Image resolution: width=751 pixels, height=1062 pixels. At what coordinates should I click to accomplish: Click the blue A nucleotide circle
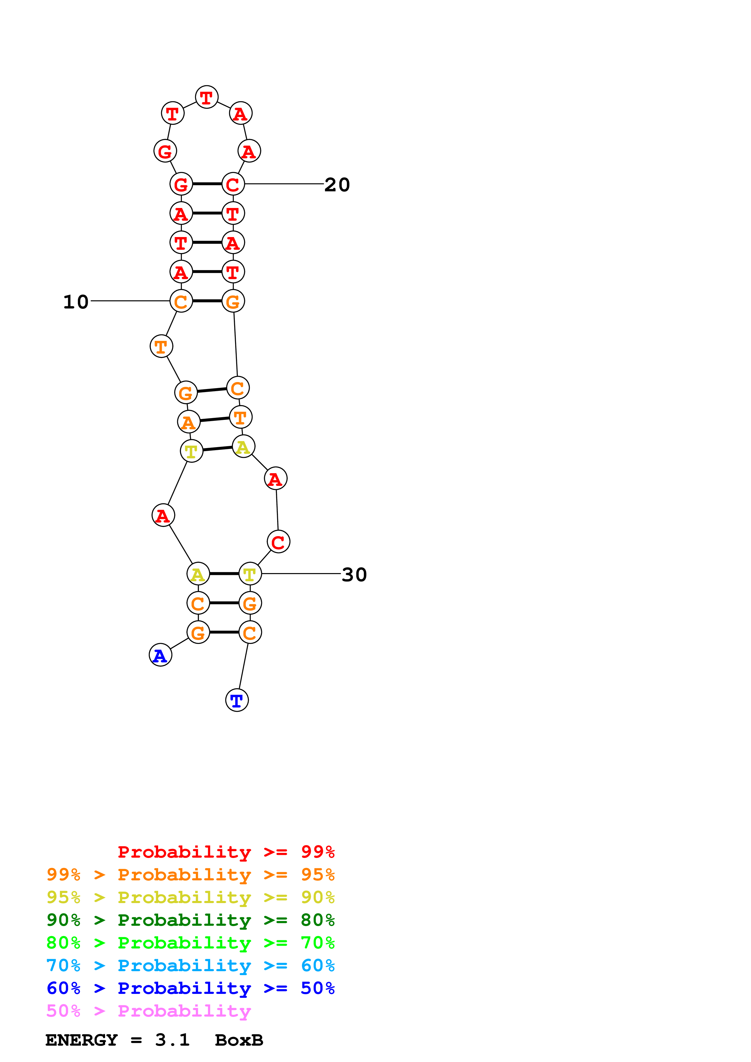click(160, 655)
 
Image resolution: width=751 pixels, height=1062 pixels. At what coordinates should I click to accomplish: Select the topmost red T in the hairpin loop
click(206, 97)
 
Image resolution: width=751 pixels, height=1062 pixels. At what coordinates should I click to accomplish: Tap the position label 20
click(337, 185)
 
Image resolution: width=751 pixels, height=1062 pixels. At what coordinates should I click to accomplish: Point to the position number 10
click(76, 302)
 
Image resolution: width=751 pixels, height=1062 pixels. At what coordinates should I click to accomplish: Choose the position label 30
click(354, 575)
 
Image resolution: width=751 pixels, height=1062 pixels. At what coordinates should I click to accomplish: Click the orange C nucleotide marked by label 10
click(181, 301)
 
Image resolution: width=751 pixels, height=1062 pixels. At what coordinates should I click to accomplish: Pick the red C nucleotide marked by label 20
click(233, 184)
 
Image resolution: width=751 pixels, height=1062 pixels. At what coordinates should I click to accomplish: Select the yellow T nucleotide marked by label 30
click(250, 574)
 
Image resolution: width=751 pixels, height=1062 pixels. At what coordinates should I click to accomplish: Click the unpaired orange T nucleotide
click(161, 346)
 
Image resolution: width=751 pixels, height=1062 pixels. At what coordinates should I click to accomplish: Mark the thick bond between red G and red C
click(207, 184)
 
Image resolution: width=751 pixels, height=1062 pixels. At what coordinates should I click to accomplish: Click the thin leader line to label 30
click(301, 574)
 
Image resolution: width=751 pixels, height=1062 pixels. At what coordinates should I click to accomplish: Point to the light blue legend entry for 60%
click(190, 965)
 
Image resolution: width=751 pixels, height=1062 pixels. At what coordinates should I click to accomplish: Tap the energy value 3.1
click(172, 1040)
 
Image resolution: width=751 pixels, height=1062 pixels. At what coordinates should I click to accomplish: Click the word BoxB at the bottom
click(239, 1040)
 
